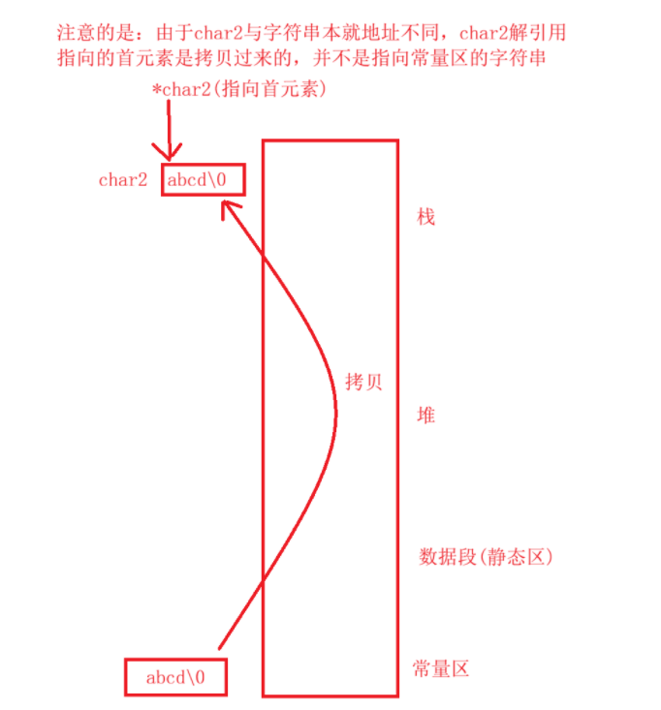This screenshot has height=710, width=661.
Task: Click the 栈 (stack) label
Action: point(425,215)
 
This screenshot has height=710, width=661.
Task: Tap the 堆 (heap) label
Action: point(425,415)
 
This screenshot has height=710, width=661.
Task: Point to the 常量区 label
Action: point(441,668)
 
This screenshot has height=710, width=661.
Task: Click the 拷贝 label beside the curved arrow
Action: point(364,381)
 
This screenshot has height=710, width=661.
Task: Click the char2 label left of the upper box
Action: point(123,180)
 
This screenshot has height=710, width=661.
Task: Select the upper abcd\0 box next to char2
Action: point(201,180)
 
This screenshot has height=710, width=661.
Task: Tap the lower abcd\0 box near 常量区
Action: point(176,677)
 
